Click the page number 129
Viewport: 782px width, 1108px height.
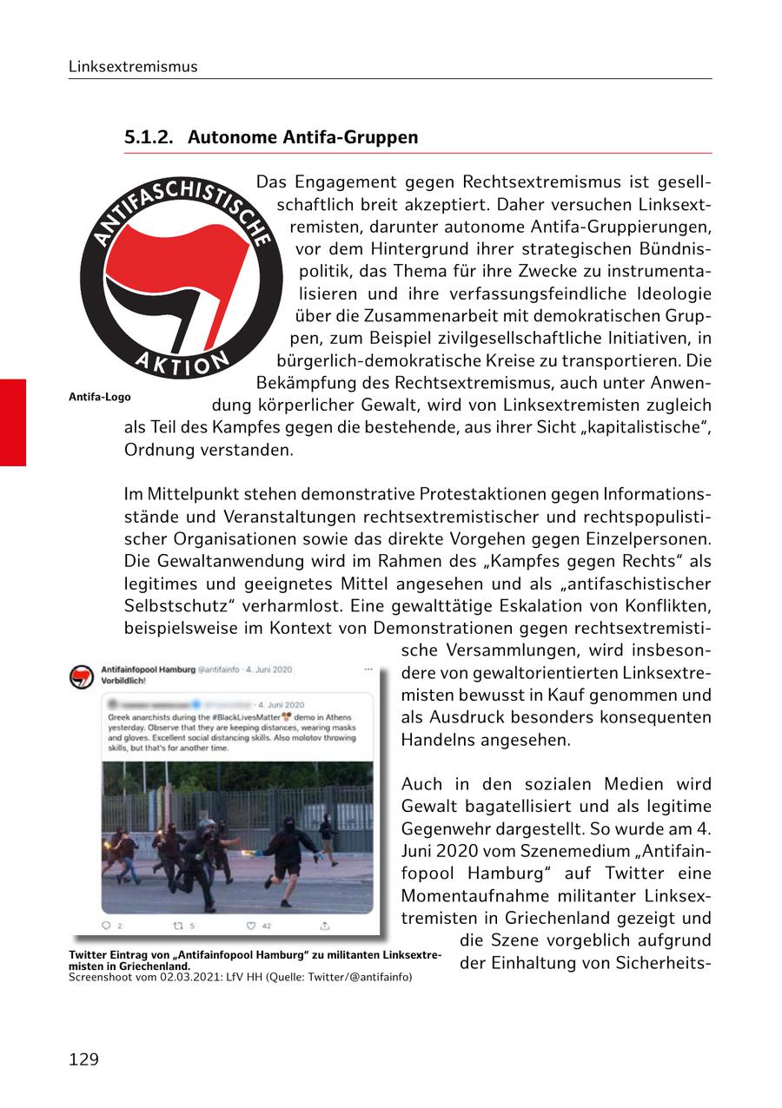point(84,1059)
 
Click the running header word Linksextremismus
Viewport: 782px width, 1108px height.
point(133,67)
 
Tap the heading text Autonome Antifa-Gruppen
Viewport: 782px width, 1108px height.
point(302,137)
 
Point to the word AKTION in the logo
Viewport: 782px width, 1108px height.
point(182,363)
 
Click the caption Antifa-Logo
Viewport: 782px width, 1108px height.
point(99,397)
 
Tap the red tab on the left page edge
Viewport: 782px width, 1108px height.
point(13,422)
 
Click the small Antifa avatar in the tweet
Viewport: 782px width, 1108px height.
point(82,677)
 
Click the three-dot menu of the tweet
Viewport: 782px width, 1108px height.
point(368,669)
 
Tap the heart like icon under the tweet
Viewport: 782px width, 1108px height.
point(252,926)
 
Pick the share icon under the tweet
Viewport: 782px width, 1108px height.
point(325,926)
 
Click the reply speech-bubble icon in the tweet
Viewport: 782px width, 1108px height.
point(107,926)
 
